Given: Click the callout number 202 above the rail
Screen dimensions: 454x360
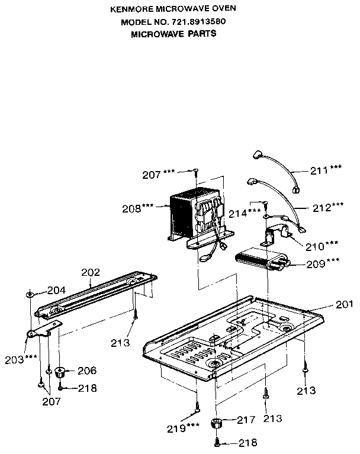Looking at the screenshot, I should (x=91, y=273).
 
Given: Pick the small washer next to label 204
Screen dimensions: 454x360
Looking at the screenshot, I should (x=29, y=294).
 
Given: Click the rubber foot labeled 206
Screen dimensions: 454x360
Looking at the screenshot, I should (x=60, y=372).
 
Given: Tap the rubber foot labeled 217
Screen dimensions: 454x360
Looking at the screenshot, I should (x=217, y=423).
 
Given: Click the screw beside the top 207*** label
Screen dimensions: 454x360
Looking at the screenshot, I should (x=195, y=171).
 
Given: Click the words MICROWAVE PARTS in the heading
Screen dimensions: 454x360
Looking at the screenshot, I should (x=173, y=34).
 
